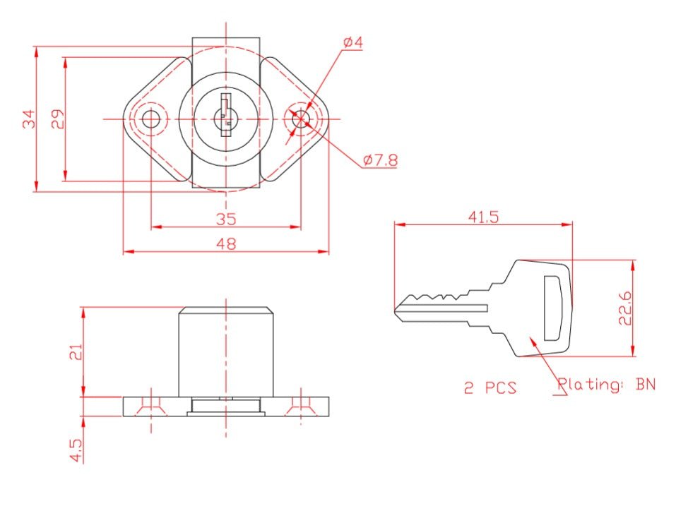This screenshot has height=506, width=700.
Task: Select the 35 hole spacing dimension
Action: tap(226, 219)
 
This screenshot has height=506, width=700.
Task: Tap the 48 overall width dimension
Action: tap(226, 243)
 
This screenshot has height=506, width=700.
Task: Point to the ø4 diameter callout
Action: tap(352, 43)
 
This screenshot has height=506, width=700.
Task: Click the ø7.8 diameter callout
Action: tap(380, 160)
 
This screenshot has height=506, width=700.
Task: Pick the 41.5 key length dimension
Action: tap(483, 217)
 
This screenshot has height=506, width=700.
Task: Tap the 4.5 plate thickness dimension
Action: tap(76, 450)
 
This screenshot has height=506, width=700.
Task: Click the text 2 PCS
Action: tap(490, 387)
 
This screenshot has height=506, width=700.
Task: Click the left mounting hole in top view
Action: tap(151, 119)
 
